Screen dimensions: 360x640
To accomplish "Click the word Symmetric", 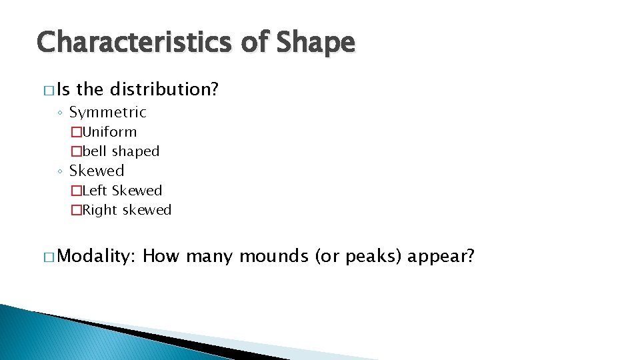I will tap(107, 112).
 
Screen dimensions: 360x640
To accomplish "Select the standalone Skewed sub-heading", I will tap(97, 171).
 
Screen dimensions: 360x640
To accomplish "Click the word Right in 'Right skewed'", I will tap(99, 210).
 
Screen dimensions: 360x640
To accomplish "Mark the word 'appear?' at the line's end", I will tap(441, 256).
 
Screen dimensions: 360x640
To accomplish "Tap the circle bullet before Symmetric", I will tap(61, 113).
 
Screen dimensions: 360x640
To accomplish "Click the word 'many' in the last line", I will tap(210, 256).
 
